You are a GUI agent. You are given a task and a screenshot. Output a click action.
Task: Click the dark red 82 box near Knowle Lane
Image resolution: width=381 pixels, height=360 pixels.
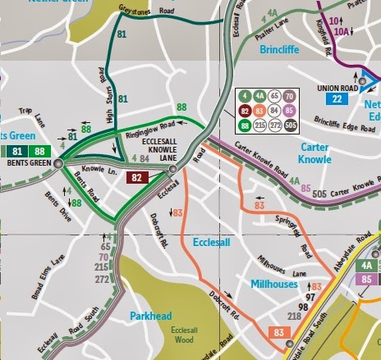pyautogui.click(x=139, y=177)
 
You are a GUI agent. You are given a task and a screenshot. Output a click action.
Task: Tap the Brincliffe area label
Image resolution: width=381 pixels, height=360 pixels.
pyautogui.click(x=284, y=48)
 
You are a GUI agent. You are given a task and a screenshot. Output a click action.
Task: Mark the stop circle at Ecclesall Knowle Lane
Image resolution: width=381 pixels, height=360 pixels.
pyautogui.click(x=173, y=170)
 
